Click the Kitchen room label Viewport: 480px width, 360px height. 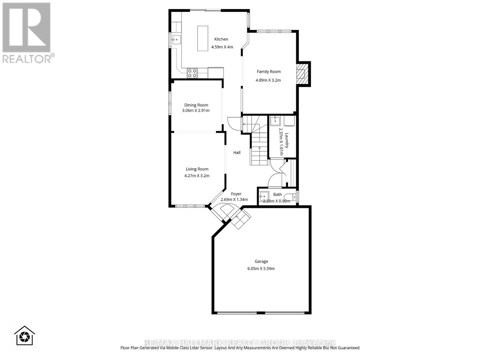(x=221, y=39)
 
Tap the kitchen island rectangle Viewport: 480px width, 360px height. (x=203, y=38)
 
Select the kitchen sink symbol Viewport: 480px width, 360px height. (x=176, y=39)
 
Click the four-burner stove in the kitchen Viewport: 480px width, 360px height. (x=192, y=73)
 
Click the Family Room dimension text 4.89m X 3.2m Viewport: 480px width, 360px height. (x=268, y=80)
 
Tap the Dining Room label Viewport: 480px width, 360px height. (x=196, y=105)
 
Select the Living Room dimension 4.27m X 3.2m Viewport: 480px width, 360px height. (x=197, y=176)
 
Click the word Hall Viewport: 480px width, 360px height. (x=237, y=152)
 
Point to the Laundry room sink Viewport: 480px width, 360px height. (x=274, y=121)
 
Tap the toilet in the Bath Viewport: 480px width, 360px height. (x=291, y=197)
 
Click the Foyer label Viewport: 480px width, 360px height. (x=236, y=194)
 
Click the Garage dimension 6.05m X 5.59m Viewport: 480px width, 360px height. (x=261, y=268)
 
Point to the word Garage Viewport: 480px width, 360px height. (x=261, y=261)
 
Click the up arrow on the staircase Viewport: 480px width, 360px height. (x=259, y=148)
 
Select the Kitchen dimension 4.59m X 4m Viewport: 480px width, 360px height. (x=222, y=47)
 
